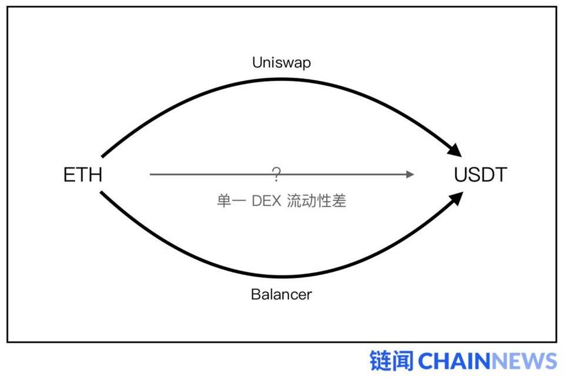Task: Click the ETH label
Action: pos(83,175)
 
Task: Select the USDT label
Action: pos(480,175)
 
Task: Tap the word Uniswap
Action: pos(281,62)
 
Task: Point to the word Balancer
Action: pos(281,294)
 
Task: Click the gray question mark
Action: pos(276,175)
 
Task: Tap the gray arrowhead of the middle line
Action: pos(410,175)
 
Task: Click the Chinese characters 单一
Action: pos(231,201)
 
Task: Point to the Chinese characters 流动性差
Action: pos(317,201)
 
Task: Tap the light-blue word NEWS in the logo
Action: pos(523,361)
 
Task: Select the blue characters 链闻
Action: pos(392,360)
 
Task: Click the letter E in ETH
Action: pos(69,175)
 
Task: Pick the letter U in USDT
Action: pos(461,175)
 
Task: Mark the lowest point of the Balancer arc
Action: pos(283,276)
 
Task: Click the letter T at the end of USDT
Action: pos(501,175)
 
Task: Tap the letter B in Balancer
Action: pos(256,294)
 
